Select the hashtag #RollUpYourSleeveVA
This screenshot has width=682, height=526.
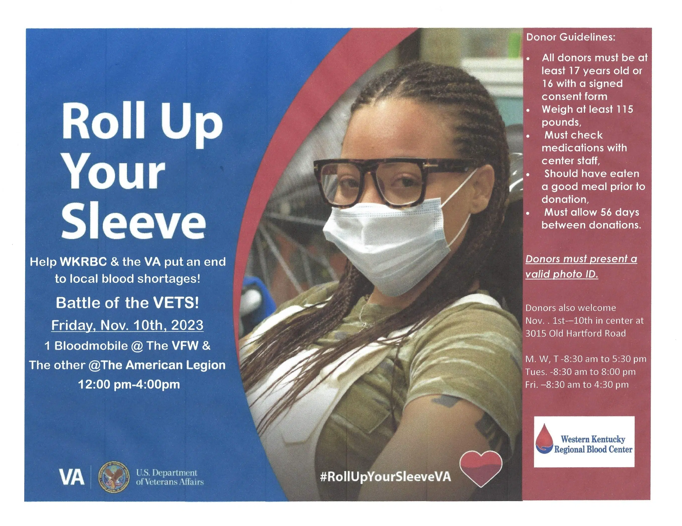[385, 476]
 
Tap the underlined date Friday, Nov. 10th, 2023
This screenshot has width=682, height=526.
[127, 325]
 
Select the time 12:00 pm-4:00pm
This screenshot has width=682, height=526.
[129, 384]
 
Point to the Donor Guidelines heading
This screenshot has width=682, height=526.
[570, 37]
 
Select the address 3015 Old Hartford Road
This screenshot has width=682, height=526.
[575, 333]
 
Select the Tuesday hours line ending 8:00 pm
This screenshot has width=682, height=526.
[580, 372]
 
